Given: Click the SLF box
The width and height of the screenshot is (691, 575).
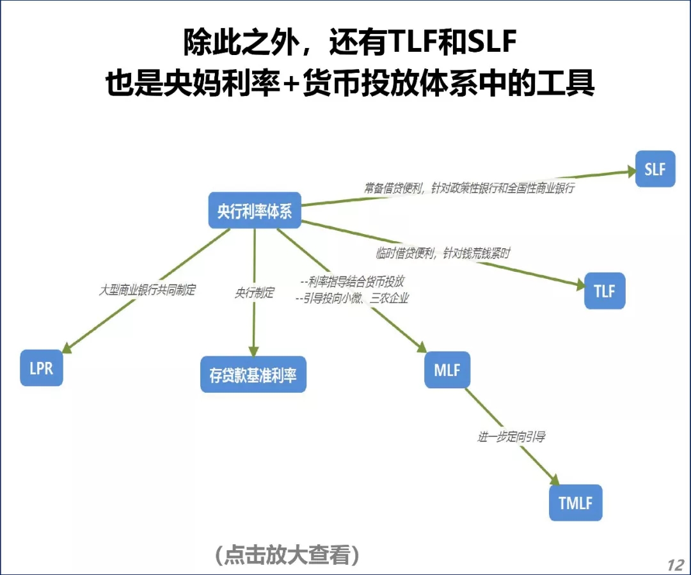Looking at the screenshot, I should point(655,169).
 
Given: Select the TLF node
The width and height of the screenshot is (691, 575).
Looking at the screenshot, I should point(605,291).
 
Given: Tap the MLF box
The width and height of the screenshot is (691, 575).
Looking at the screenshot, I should point(447,370).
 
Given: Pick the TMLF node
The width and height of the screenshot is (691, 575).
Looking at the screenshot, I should point(576,503).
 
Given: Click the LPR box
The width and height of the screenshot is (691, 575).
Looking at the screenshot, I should point(42,368).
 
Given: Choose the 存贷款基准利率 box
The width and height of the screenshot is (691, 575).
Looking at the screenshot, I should point(253,375).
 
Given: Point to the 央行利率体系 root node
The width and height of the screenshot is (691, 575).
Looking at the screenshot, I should point(255,211).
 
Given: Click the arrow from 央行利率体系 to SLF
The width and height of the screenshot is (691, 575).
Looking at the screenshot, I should point(467,188).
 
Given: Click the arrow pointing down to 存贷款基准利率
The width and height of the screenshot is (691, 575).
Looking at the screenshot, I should point(254,326).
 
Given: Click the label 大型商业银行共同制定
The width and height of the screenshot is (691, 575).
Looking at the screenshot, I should point(147,290).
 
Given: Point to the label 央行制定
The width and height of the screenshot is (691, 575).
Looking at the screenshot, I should point(255,293).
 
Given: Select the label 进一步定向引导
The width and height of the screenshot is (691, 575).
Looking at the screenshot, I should point(511,437).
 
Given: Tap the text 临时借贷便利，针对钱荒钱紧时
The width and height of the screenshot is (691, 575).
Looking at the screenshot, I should point(443,254).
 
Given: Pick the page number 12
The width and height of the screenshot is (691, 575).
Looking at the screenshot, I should point(675,565).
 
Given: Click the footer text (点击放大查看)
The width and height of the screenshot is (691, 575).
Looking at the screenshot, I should point(287,555).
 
